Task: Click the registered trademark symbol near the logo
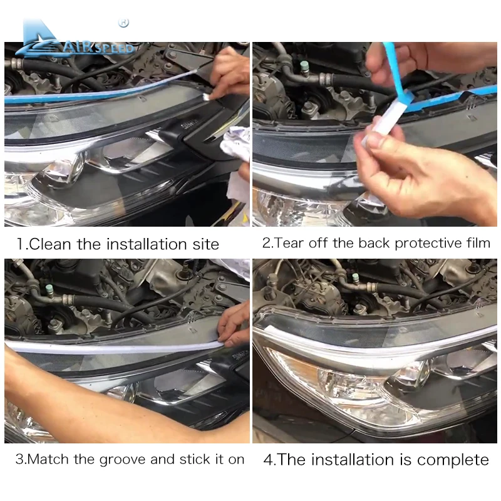click(123, 23)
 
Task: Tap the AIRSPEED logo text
click(98, 48)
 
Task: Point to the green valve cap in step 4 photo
click(355, 277)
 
